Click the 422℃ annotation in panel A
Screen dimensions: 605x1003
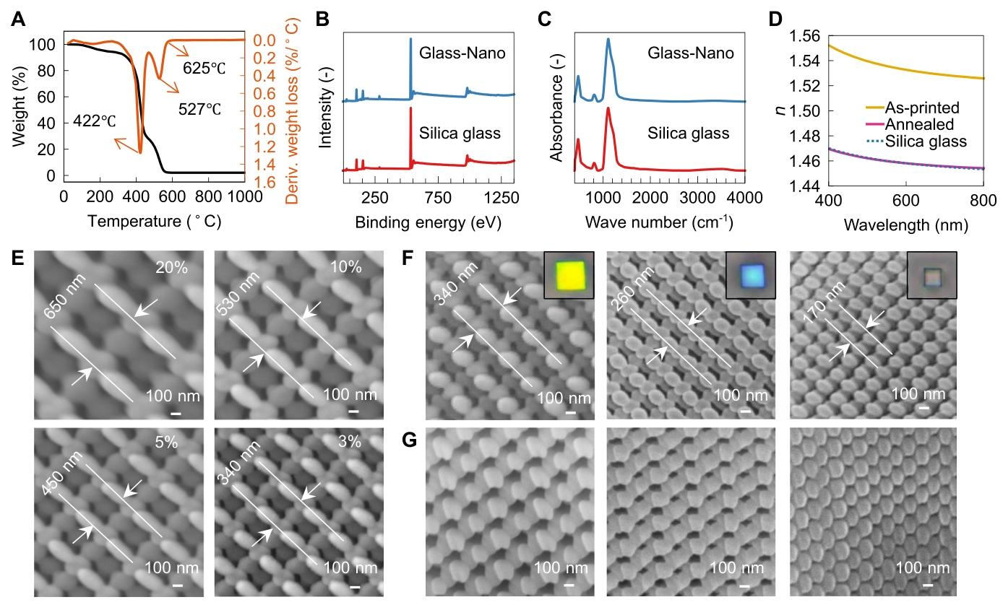tap(94, 121)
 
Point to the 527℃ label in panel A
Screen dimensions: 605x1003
tap(199, 110)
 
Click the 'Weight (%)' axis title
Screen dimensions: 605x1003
tap(19, 110)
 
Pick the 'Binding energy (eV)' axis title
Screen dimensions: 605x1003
tap(428, 223)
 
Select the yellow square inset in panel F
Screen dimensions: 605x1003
tap(569, 274)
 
